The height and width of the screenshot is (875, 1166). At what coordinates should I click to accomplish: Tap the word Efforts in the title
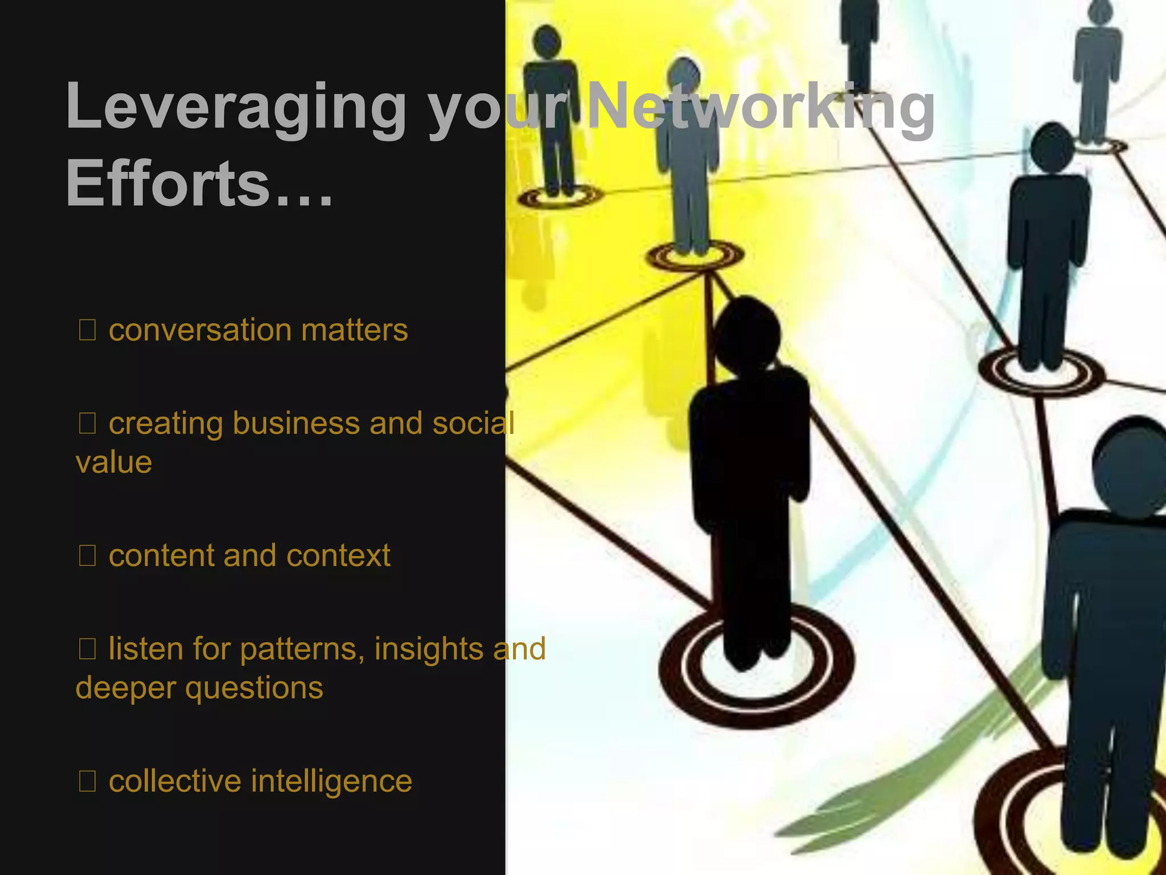pos(168,183)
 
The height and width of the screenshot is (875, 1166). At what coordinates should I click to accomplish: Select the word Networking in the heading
pos(760,108)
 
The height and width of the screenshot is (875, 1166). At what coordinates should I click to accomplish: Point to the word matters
pos(354,330)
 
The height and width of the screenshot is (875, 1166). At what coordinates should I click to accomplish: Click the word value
pos(114,462)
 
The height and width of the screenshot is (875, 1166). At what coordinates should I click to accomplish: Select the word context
pos(338,556)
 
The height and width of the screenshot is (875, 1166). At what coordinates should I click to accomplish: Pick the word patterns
pos(302,649)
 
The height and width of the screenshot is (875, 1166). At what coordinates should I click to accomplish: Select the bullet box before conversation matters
pos(87,330)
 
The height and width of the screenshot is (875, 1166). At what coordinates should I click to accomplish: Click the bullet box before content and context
pos(87,556)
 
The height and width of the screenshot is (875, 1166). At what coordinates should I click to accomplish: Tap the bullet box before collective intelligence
pos(87,782)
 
